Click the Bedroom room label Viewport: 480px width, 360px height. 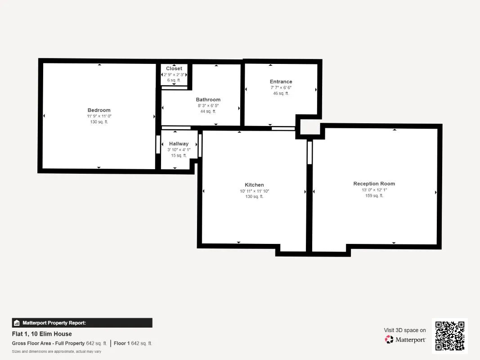click(99, 110)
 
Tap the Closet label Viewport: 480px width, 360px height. click(174, 68)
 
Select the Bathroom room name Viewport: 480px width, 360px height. click(208, 99)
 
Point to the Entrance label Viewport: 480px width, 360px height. click(281, 82)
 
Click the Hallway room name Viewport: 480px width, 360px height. click(179, 144)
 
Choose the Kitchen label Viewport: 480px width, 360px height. click(254, 185)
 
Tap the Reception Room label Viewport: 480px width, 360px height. click(374, 184)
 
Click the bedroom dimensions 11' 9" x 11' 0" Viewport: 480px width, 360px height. click(99, 116)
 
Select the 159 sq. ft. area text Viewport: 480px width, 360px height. click(374, 196)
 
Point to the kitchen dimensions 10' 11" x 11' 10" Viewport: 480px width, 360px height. click(254, 191)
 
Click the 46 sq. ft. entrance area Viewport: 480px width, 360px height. click(281, 93)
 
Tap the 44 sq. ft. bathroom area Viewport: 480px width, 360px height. click(208, 112)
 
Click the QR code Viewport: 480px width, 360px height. click(450, 336)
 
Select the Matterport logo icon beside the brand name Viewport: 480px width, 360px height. click(389, 339)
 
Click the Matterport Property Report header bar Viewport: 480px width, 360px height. click(82, 323)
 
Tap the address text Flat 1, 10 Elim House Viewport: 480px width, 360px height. click(42, 334)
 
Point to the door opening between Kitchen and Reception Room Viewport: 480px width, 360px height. click(310, 153)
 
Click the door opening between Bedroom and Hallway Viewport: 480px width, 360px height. click(158, 144)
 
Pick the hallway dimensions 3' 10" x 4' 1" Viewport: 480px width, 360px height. click(179, 150)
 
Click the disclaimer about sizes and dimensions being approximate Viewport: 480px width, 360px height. click(57, 351)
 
